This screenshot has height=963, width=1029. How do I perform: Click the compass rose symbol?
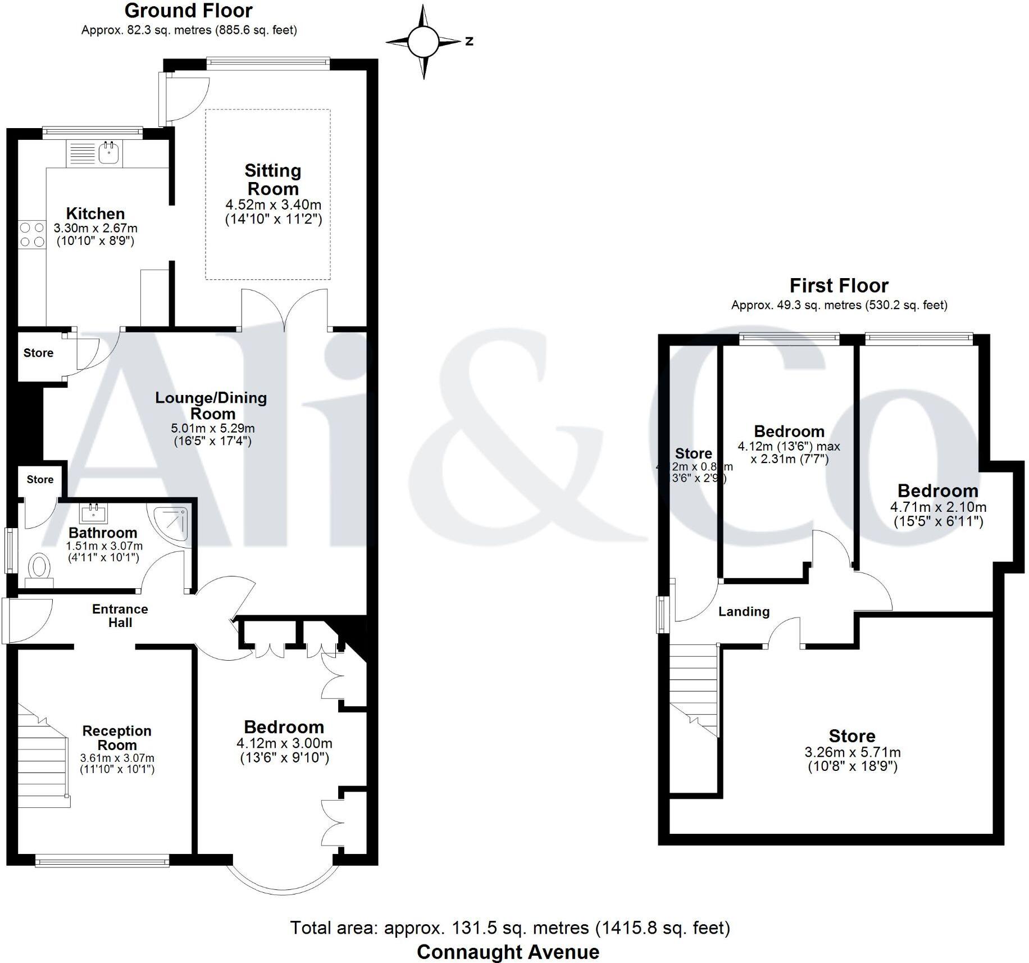point(423,42)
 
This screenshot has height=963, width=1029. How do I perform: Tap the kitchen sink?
point(108,153)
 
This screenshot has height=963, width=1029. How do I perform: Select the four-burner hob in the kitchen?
point(31,235)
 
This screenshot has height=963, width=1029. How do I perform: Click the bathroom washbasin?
point(94,513)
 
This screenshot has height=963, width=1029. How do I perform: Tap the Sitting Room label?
point(273,179)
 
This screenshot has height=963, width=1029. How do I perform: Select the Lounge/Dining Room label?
point(211,406)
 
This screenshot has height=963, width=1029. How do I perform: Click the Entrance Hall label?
point(120,616)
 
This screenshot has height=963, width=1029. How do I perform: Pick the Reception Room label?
point(117,738)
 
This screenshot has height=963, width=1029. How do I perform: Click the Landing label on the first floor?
point(744,611)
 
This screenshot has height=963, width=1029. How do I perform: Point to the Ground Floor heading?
point(189,11)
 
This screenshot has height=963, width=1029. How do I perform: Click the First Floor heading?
point(839,286)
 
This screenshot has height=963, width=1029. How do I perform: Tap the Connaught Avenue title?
point(508,952)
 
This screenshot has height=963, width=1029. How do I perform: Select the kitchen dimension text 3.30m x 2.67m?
point(95,229)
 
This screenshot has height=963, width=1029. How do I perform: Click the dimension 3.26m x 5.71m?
point(852,752)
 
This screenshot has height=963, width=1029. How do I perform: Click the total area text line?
point(510,928)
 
